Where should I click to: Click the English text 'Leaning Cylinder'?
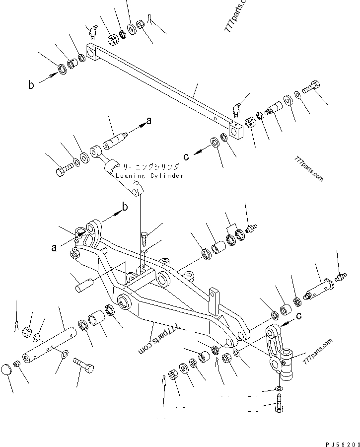149,176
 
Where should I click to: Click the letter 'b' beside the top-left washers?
31,85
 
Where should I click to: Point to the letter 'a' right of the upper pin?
148,121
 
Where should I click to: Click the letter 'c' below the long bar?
186,157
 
